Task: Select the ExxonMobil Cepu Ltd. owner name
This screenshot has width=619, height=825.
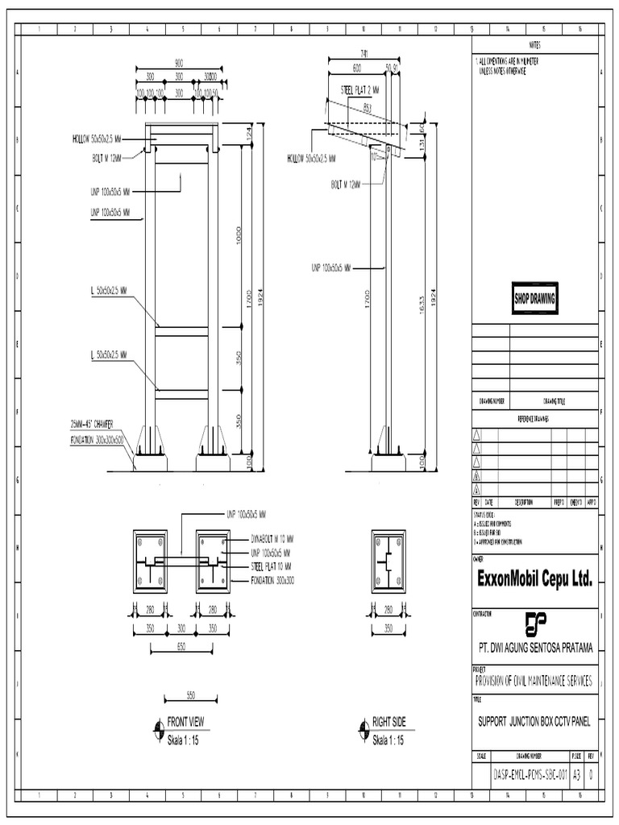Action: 534,579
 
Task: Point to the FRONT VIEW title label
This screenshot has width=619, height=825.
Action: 185,722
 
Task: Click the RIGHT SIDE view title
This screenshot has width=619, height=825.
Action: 388,722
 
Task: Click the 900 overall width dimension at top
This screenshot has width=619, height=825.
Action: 179,62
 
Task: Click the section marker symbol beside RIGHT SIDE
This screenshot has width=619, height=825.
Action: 362,730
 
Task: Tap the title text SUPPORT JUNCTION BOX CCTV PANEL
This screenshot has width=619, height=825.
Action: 534,722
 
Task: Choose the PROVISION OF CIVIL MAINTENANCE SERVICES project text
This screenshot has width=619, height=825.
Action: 534,681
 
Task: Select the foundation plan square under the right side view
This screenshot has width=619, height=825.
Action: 388,562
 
